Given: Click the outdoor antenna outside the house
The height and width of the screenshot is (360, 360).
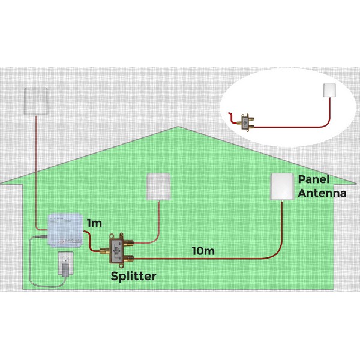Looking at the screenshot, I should point(37,100).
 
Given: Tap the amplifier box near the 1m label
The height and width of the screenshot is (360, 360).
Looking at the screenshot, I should point(66,230).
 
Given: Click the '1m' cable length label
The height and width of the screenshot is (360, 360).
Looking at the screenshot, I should point(94,223).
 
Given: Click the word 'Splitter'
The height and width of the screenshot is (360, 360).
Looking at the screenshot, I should point(134,276).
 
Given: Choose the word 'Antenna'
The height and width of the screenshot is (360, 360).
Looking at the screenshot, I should point(322,193).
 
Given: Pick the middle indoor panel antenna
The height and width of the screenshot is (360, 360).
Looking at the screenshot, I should point(159,186).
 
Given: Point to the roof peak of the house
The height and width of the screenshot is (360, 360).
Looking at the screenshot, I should point(178,127).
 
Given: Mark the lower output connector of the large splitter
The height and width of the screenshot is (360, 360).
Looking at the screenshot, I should point(130,259).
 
